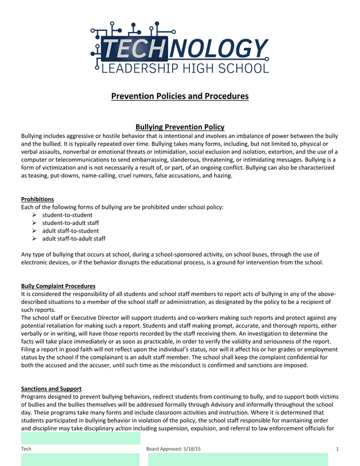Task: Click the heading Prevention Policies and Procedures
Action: (x=180, y=96)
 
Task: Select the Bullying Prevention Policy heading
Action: (x=180, y=127)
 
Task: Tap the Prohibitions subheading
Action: (x=38, y=199)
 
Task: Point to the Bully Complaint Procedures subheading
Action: (x=58, y=286)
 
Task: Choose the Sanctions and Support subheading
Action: (x=51, y=389)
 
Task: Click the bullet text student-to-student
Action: (x=67, y=215)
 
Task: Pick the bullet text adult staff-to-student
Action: (x=70, y=231)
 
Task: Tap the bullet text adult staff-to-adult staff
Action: (x=74, y=239)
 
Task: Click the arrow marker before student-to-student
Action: (x=35, y=215)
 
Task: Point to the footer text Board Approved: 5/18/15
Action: (x=174, y=449)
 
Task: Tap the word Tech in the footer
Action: (x=26, y=449)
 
